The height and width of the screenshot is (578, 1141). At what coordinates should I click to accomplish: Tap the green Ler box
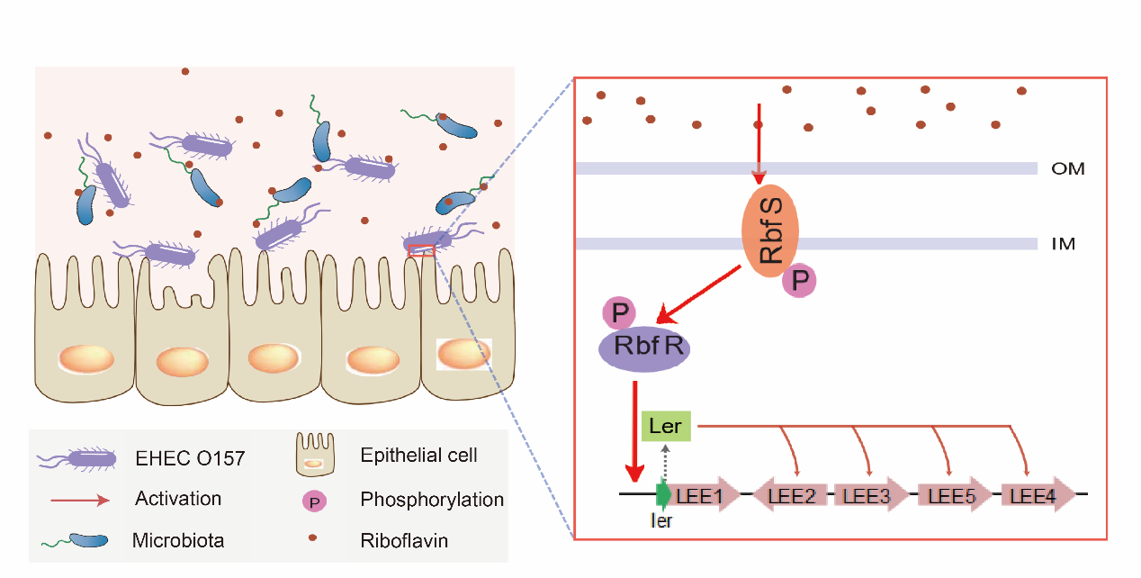[666, 426]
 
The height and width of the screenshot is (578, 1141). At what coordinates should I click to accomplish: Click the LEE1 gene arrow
[701, 494]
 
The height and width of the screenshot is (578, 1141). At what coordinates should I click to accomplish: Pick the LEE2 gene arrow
[789, 494]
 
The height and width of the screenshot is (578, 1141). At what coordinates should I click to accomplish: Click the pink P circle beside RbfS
[799, 281]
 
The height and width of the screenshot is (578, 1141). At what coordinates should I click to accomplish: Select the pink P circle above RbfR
[619, 313]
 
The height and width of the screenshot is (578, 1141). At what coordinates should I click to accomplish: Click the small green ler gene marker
[663, 494]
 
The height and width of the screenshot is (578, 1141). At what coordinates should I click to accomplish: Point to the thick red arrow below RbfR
[635, 432]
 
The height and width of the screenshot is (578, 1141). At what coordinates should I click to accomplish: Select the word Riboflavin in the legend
[404, 541]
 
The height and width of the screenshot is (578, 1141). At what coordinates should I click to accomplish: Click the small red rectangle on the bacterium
[421, 250]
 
